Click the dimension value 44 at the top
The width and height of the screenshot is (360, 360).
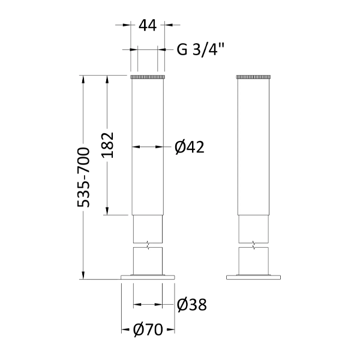click(x=147, y=25)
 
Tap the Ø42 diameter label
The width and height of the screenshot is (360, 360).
click(x=190, y=147)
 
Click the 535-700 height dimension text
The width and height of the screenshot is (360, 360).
click(x=85, y=177)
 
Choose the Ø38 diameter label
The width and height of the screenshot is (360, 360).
click(x=192, y=305)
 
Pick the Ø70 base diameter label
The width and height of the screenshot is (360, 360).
click(x=147, y=330)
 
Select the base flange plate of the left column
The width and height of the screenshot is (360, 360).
click(x=148, y=277)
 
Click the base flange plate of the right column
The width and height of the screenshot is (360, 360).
click(x=254, y=277)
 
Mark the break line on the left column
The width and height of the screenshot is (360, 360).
click(x=148, y=245)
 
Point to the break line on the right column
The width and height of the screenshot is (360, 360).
click(x=254, y=245)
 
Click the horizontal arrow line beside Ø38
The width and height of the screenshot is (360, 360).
click(x=148, y=305)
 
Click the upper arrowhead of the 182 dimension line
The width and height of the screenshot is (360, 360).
click(x=107, y=79)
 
